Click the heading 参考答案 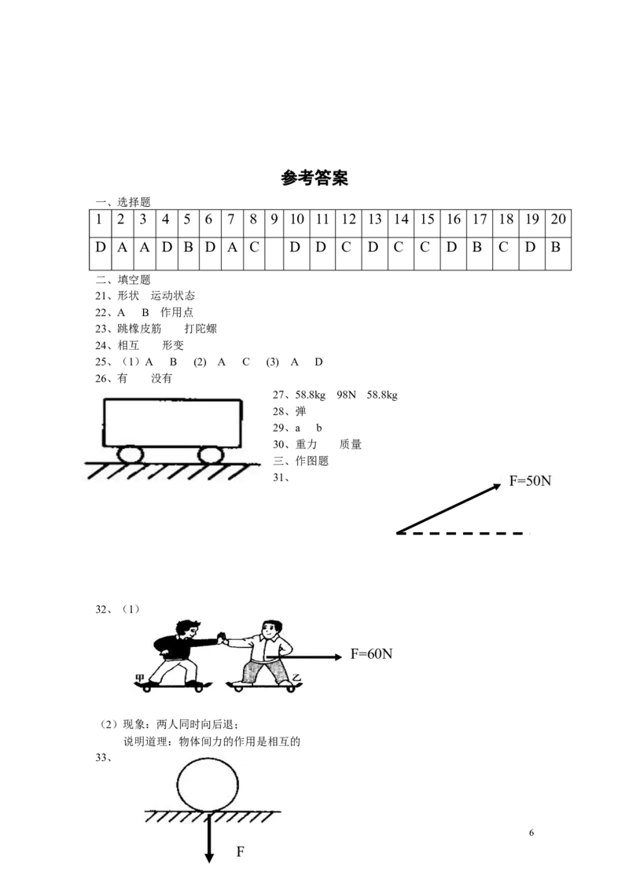[x=314, y=178]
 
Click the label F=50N [x=530, y=480]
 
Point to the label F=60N [x=371, y=654]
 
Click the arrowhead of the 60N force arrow [x=338, y=656]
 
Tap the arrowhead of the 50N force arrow [x=497, y=486]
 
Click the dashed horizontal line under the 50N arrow [x=462, y=534]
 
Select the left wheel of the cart [x=130, y=454]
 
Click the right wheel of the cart [x=210, y=454]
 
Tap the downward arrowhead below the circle [x=209, y=856]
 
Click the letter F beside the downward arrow [x=240, y=851]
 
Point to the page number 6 [x=532, y=833]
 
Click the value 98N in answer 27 [x=346, y=395]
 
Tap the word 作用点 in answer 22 [x=177, y=312]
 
